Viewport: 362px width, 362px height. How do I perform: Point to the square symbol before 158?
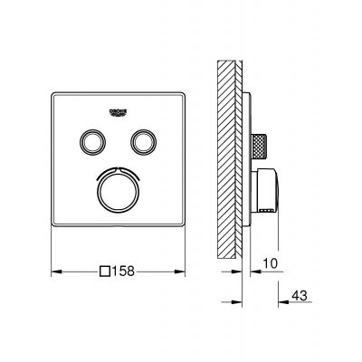click(x=106, y=270)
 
